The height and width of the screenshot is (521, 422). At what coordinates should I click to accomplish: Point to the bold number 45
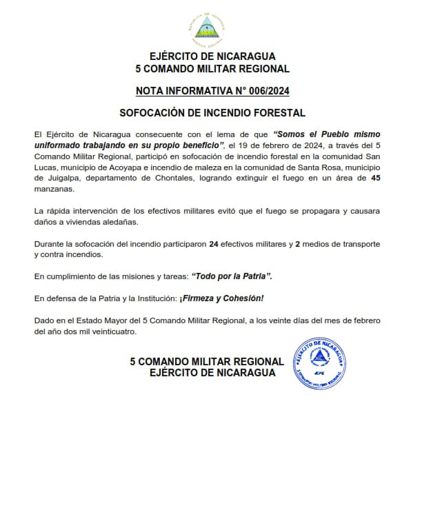click(x=376, y=178)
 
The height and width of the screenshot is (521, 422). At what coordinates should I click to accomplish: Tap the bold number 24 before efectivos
click(x=214, y=245)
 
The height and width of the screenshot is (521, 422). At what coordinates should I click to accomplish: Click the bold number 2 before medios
click(x=297, y=245)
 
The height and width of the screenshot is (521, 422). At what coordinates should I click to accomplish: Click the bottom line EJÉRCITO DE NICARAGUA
click(x=212, y=373)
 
